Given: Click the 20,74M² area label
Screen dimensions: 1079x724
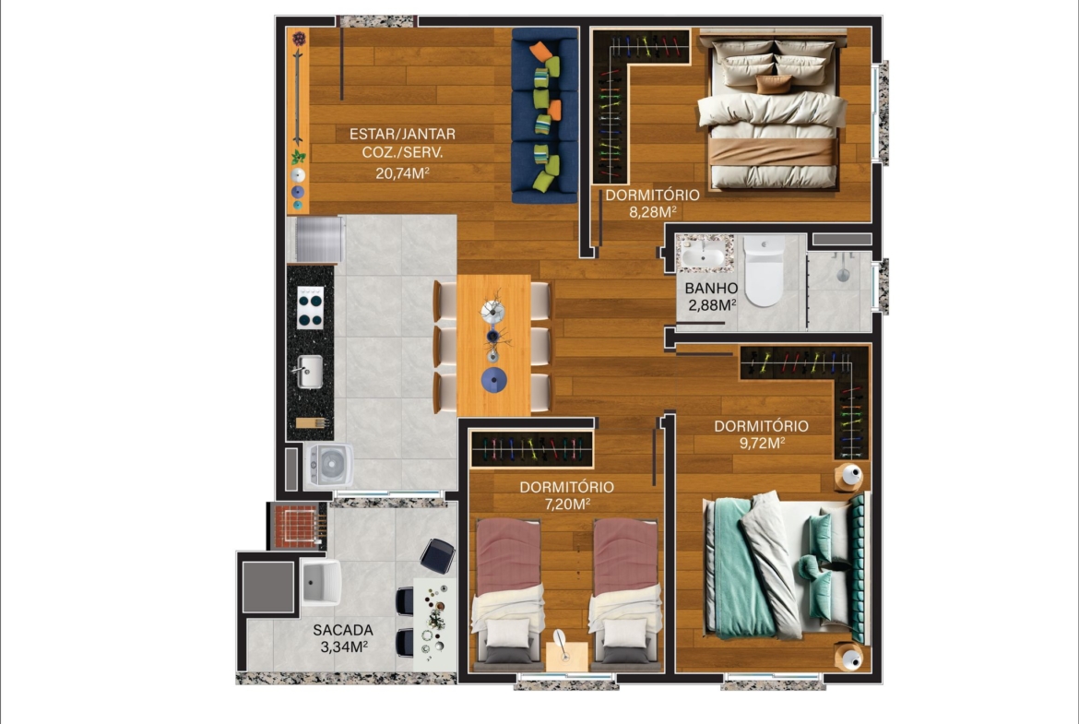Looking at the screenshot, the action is point(403,172).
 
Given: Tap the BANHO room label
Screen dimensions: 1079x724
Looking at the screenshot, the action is point(712,289).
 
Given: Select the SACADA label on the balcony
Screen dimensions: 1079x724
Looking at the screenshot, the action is point(343,630).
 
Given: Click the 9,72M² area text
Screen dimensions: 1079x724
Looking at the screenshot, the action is point(763,444).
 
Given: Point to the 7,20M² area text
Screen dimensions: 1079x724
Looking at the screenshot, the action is point(567,504).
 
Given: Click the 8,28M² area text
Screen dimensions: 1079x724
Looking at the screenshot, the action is point(652,212).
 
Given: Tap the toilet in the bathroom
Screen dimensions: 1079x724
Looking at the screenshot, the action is point(764,271).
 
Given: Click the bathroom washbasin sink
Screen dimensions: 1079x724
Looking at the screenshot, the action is point(705,255).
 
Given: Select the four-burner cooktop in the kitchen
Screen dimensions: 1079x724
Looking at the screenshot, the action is point(311,308).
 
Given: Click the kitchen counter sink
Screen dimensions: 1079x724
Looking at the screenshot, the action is point(309,372).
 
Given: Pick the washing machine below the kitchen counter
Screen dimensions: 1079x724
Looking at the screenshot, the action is point(329,466).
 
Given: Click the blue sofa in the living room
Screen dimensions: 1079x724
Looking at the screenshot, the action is point(544,115).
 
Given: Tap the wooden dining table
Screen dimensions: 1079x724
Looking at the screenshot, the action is point(493,345).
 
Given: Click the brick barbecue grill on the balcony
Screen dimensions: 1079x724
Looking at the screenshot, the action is point(297,526).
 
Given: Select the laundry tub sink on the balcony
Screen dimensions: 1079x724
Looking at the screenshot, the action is point(320,582).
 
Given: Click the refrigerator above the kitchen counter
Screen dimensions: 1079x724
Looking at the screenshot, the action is point(316,239).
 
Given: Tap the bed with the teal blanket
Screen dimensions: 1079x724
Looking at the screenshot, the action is point(784,565).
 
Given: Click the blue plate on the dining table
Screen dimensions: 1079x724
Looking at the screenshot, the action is point(493,380).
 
